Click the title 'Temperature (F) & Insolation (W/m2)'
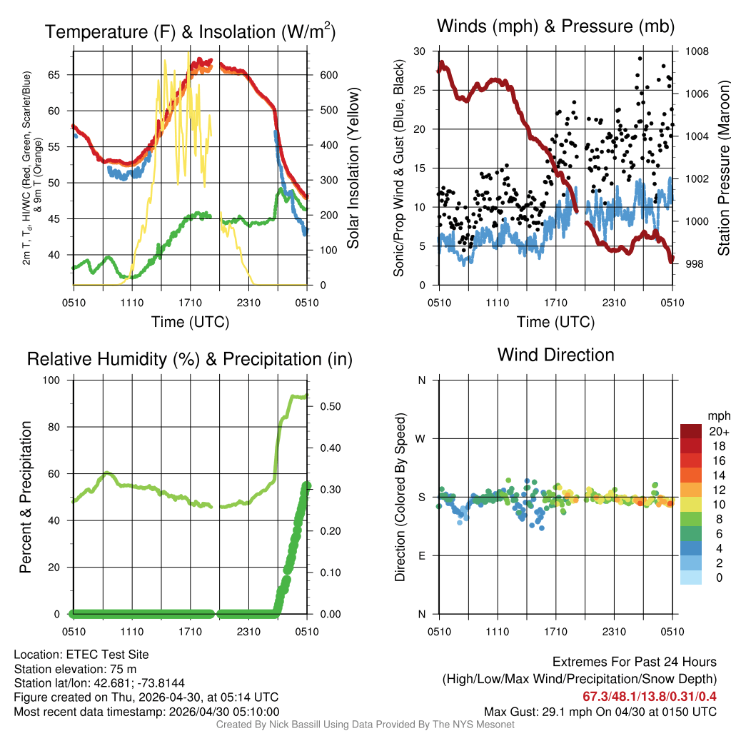190,31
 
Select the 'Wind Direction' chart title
555,355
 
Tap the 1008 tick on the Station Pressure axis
697,51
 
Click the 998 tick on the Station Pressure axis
694,264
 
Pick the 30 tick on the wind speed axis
420,51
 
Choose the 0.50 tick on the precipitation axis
328,406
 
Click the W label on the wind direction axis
421,438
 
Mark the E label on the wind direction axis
421,555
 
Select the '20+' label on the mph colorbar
717,432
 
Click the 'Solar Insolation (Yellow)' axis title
353,168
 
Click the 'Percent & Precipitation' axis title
25,497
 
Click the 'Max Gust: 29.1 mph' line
600,711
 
